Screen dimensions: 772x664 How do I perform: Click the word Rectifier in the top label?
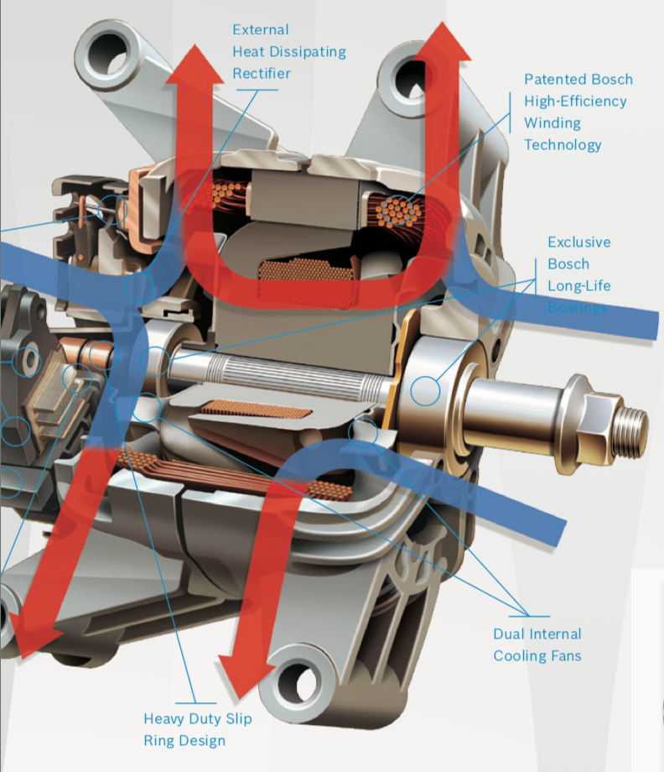point(262,74)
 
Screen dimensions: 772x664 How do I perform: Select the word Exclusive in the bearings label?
point(578,243)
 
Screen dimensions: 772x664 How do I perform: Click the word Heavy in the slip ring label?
point(168,719)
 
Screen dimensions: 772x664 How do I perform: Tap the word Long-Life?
point(579,286)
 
